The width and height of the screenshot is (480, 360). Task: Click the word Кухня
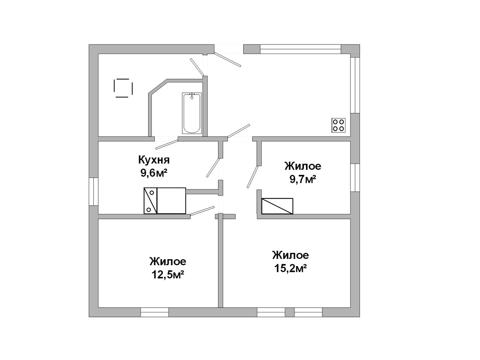(x=154, y=160)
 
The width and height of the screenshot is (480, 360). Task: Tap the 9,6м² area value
(x=154, y=173)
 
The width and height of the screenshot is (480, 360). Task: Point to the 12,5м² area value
(x=168, y=274)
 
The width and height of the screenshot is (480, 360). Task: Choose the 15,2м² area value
(x=290, y=268)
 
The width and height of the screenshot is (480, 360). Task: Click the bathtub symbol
(x=192, y=113)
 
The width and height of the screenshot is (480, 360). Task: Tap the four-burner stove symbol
(x=338, y=125)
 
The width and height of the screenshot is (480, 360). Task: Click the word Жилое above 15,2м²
(x=290, y=255)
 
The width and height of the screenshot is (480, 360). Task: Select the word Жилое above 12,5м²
(x=168, y=262)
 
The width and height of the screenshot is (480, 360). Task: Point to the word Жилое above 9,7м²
(x=303, y=166)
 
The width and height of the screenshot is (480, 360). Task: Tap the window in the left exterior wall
(x=93, y=192)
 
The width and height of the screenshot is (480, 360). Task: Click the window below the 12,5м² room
(x=154, y=312)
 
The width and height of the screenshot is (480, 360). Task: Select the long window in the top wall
(x=301, y=49)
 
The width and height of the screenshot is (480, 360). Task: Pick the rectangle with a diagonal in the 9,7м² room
(x=277, y=206)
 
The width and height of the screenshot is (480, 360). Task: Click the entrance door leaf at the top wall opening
(x=228, y=59)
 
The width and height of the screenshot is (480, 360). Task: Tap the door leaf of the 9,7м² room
(x=252, y=177)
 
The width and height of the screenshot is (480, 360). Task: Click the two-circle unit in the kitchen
(x=150, y=201)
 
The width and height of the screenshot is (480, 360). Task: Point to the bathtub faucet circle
(x=192, y=98)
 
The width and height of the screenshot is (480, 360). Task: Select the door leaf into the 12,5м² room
(x=202, y=211)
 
